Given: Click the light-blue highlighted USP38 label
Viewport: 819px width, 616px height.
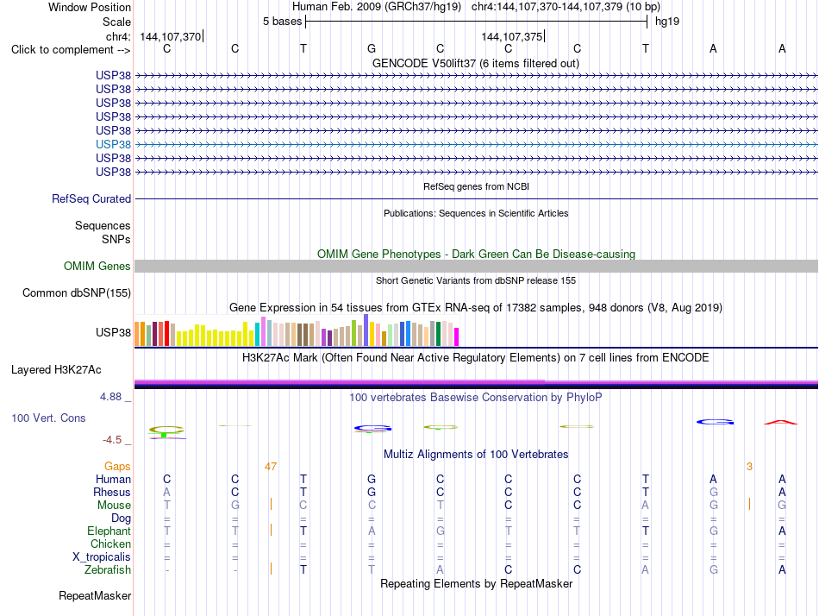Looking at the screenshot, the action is click(x=113, y=144).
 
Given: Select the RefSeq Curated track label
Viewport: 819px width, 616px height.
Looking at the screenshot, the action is click(x=91, y=198).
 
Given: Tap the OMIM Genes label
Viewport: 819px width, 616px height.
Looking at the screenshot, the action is click(x=97, y=267).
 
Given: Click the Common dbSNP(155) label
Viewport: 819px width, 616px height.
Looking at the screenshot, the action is click(x=77, y=292).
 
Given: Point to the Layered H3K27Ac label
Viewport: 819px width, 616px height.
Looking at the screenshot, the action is click(x=56, y=370).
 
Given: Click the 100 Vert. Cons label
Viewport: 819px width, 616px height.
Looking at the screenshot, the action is click(x=48, y=418).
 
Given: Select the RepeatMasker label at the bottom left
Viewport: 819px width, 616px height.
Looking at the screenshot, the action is click(x=95, y=595).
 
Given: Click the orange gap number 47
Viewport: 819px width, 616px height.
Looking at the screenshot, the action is click(x=271, y=467).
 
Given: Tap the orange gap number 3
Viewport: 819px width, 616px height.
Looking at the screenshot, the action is click(x=749, y=467).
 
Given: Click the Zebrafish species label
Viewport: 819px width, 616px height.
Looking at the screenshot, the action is click(x=108, y=570).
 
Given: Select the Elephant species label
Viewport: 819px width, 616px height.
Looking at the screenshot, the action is click(x=109, y=531).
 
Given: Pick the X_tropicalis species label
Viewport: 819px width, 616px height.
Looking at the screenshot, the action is click(x=102, y=557).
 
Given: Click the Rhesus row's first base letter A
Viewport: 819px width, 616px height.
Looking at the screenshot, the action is click(x=166, y=492).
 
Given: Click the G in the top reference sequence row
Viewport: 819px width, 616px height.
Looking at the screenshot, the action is click(x=372, y=48).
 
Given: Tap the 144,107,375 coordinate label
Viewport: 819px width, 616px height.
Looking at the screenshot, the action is click(x=512, y=36).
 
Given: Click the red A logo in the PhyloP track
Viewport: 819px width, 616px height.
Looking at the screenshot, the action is click(x=781, y=422).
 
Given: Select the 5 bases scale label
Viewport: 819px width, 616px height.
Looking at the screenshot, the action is click(x=282, y=22).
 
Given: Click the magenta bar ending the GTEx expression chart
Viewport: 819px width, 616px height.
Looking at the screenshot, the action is click(x=457, y=336).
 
